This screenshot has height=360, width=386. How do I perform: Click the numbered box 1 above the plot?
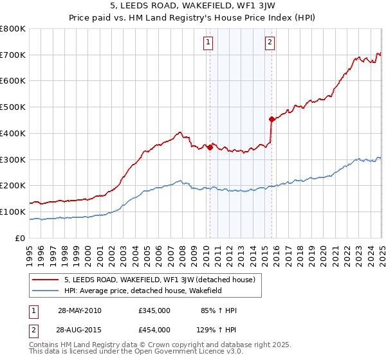[x=209, y=43]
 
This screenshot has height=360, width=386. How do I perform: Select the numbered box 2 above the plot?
[x=270, y=43]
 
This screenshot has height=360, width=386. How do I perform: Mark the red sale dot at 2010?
[x=210, y=148]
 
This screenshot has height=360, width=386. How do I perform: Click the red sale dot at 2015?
[x=271, y=119]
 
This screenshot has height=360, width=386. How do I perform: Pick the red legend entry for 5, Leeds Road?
[x=160, y=280]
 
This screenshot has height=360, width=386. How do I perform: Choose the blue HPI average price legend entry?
[x=152, y=291]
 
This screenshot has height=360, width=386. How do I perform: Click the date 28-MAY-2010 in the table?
[x=80, y=310]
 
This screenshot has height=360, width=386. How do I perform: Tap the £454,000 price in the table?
[x=154, y=330]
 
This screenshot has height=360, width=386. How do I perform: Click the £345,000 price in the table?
[x=154, y=310]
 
